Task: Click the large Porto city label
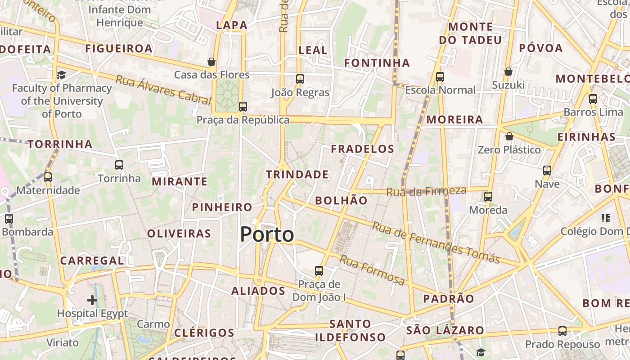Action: pos(267,234)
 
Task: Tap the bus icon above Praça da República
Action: pos(243,107)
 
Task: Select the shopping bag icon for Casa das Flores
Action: pos(211,61)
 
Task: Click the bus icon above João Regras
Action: pos(300,79)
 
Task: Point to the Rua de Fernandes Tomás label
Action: pos(436,243)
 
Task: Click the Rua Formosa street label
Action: pos(372,270)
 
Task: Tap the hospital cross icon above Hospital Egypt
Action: pos(92,300)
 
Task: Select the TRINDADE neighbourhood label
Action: pos(297,174)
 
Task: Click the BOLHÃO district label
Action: pos(341,201)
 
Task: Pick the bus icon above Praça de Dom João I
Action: pos(319,271)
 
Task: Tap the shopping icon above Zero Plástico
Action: pos(509,136)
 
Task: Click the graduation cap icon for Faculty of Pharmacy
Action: pos(61,75)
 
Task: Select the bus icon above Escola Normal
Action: pos(440,77)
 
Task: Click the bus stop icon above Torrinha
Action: pos(119,165)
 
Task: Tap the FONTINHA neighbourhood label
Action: pos(377,63)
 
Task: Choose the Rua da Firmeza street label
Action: pos(426,191)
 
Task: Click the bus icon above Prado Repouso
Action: pos(562,331)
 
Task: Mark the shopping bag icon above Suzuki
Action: pos(508,72)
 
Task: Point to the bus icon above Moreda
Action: pos(488,197)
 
